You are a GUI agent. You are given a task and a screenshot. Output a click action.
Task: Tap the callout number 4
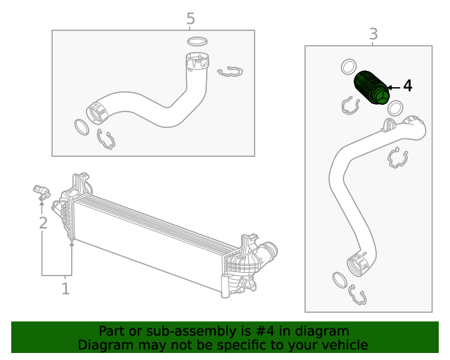point(407,86)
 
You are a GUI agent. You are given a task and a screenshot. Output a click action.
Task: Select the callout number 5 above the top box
point(191,18)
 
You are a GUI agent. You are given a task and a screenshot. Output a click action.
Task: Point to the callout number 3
point(373,34)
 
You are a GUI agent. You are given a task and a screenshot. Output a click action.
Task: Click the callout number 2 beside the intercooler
point(43,223)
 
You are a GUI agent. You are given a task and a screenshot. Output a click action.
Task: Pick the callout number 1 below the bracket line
point(65,288)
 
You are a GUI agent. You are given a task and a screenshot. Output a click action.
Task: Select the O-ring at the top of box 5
point(198,41)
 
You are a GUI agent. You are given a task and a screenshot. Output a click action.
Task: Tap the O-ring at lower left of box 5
point(82,128)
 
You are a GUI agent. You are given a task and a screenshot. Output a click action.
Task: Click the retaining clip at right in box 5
point(230,71)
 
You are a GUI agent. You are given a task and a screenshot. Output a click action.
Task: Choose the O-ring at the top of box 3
point(348,67)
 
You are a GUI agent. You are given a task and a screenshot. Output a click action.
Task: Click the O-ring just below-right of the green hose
point(395,108)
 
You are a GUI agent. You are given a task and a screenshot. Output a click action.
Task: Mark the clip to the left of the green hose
point(351,105)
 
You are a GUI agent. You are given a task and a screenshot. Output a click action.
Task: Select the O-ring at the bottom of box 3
point(337,281)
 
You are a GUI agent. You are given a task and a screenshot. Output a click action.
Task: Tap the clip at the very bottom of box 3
point(356,297)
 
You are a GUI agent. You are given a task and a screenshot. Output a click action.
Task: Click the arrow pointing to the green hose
point(392,86)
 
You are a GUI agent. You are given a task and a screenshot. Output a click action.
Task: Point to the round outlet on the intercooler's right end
point(269,251)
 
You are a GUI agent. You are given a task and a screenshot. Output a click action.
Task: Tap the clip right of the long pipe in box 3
point(398,159)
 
